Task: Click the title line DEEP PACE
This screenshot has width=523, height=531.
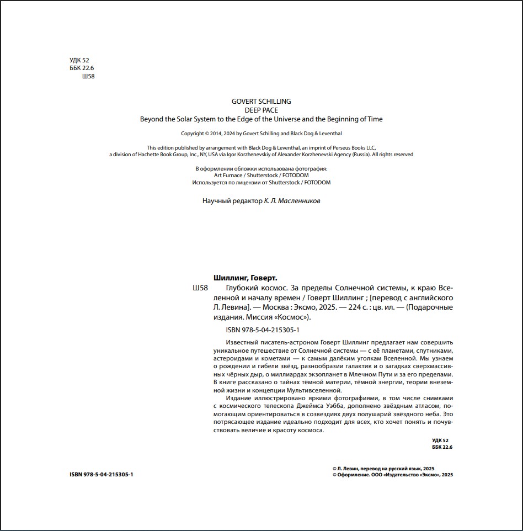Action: click(261, 110)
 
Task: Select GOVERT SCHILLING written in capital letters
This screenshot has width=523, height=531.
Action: click(261, 101)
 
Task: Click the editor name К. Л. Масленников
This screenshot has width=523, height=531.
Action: click(292, 201)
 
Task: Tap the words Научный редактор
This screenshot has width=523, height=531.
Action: click(232, 201)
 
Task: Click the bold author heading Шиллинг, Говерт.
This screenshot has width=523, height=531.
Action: click(245, 278)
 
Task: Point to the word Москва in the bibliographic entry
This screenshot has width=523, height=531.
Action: click(273, 307)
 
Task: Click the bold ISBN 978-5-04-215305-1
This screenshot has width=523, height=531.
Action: click(102, 474)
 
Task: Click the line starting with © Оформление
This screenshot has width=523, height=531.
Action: click(392, 474)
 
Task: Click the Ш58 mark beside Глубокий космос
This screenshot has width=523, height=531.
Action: click(200, 288)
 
